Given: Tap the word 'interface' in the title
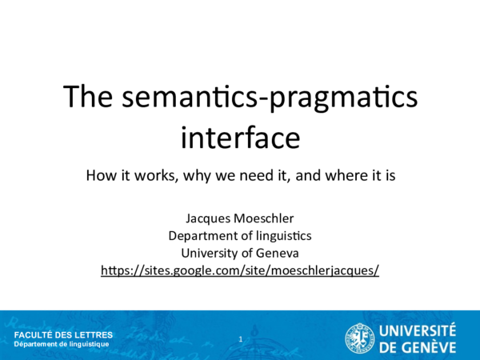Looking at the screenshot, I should [x=240, y=137].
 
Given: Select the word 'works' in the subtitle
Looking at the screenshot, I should [x=153, y=175].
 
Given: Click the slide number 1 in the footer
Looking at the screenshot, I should [x=240, y=340].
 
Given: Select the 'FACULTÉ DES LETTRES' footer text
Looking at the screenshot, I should [x=64, y=334].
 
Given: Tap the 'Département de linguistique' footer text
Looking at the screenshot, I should [x=62, y=344].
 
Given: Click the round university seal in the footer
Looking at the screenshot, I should [x=360, y=337].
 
